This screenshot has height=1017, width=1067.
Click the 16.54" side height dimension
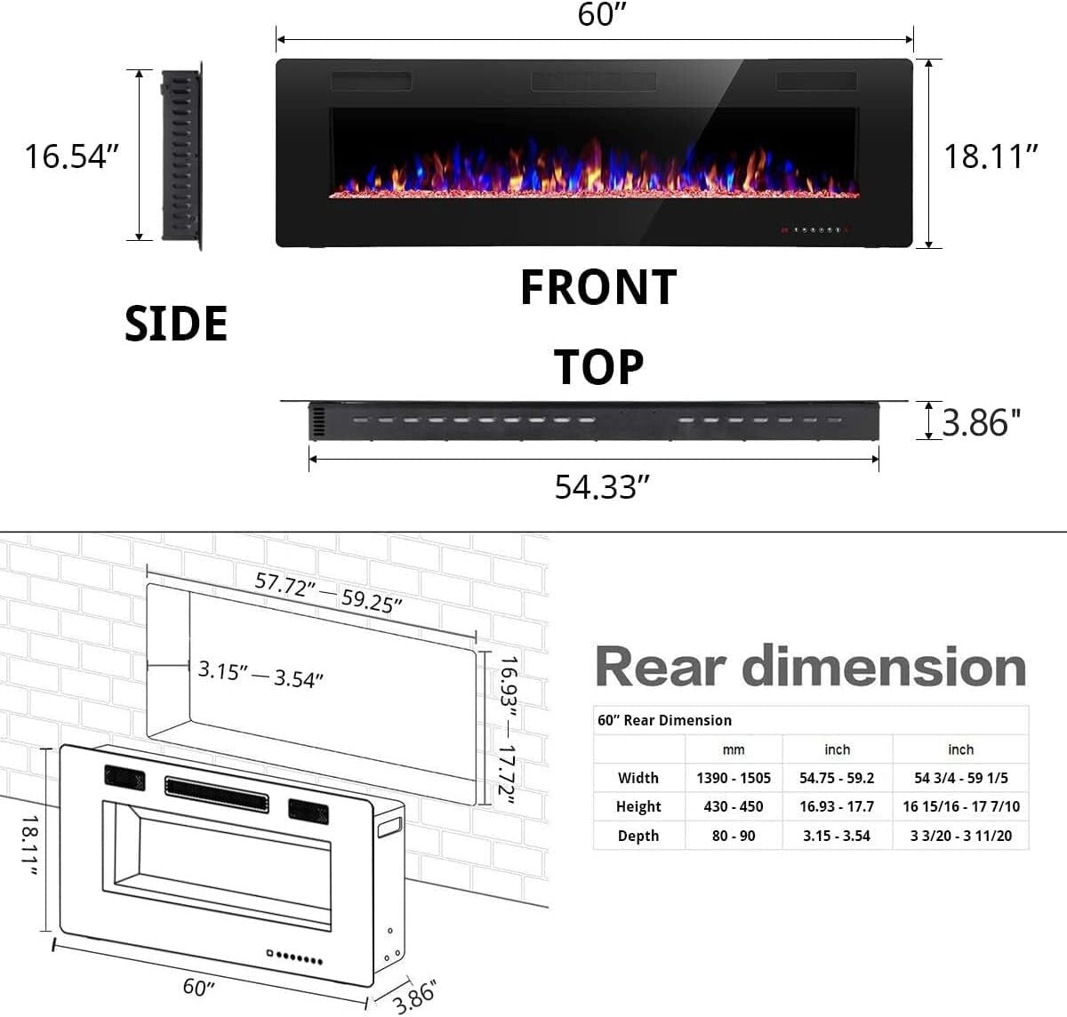[70, 156]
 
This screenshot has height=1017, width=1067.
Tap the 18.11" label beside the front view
[991, 156]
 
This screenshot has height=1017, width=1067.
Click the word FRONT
[598, 287]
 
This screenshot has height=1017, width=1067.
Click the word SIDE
[176, 323]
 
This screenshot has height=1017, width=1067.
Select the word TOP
[598, 366]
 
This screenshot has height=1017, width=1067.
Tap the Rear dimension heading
[810, 666]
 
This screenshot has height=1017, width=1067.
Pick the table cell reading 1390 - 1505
[734, 778]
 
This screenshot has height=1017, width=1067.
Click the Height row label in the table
[638, 806]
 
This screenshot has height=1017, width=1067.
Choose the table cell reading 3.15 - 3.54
[837, 836]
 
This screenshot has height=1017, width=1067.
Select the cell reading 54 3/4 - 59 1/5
[960, 778]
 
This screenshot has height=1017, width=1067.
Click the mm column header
[734, 749]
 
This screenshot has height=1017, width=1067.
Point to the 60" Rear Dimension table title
[665, 720]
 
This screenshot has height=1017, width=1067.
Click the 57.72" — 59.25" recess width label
[329, 592]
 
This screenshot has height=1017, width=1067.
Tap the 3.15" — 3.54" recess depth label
[261, 674]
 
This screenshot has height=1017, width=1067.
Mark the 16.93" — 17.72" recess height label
[507, 731]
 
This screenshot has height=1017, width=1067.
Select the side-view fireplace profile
[182, 156]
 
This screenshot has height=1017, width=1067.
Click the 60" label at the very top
[597, 15]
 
